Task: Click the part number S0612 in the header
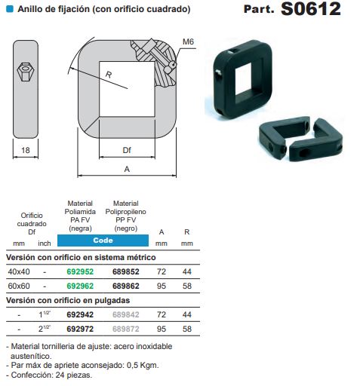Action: click(311, 10)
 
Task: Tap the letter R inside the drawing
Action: click(109, 75)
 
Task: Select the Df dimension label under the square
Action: click(128, 150)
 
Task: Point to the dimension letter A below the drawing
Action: click(127, 170)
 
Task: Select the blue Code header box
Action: click(103, 240)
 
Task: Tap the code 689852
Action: click(126, 271)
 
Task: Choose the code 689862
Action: click(126, 286)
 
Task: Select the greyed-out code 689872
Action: click(126, 330)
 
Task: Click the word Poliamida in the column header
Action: click(80, 211)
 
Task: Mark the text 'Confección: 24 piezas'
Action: click(51, 375)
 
